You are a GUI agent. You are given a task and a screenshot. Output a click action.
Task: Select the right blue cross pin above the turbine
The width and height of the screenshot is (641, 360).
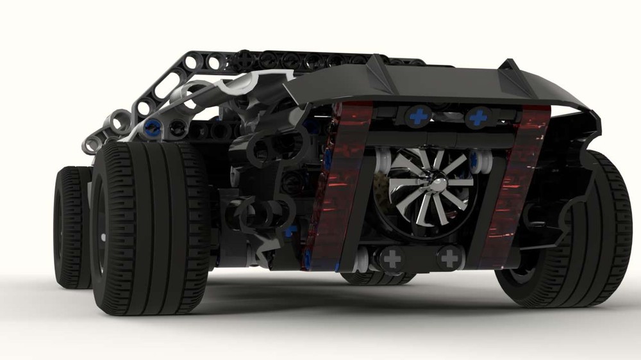click(x=479, y=117)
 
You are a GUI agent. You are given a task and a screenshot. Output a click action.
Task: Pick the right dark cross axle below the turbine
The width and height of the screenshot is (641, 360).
click(x=451, y=258)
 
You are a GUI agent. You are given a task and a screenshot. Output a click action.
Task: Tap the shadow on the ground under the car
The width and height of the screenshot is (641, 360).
click(x=320, y=307)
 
